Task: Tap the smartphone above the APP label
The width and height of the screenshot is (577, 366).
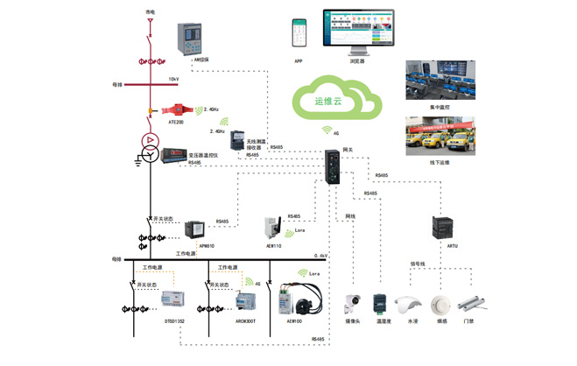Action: click(299, 33)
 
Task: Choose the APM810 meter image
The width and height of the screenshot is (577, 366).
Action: click(193, 232)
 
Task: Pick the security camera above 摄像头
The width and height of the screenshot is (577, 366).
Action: click(354, 303)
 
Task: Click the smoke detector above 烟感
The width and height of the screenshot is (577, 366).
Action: click(440, 306)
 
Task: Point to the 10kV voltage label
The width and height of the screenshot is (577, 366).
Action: click(172, 79)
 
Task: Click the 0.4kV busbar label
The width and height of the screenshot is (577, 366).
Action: click(322, 256)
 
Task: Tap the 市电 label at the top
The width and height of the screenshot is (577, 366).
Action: click(150, 11)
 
